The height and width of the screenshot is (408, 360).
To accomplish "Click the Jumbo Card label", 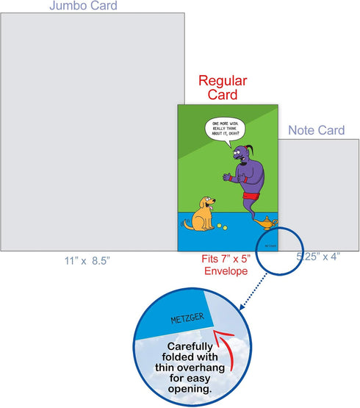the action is point(83,5).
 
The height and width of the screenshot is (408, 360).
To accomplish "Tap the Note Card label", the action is point(317,130).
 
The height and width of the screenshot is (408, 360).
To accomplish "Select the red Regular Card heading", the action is point(223,87).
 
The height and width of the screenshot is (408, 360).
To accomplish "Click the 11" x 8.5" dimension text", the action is point(87,261).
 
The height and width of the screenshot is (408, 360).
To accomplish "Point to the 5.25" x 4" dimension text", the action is point(318,257).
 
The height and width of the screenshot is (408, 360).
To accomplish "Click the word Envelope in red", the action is point(226,271).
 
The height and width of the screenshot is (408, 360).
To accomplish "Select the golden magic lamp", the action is point(266,223).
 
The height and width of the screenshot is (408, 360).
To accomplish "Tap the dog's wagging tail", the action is point(187,224).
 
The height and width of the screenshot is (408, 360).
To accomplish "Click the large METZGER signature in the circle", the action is point(187,318).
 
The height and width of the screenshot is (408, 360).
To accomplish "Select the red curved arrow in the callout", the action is point(227,346).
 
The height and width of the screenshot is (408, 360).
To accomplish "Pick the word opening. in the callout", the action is point(190,389).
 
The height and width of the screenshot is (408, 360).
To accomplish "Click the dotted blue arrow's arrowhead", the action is point(242,307).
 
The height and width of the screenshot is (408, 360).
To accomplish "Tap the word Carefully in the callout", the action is point(190,346).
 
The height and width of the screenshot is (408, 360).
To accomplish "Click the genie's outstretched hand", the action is point(227,176).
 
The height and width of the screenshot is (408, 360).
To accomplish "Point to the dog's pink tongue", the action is point(212,207).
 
